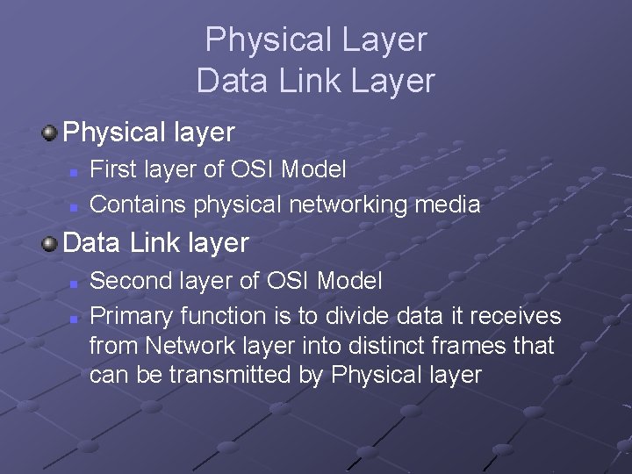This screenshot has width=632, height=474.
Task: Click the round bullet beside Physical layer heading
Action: [x=50, y=133]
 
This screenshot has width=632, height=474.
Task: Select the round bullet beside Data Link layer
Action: [x=50, y=241]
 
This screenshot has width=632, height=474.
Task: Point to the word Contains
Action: [x=139, y=205]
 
